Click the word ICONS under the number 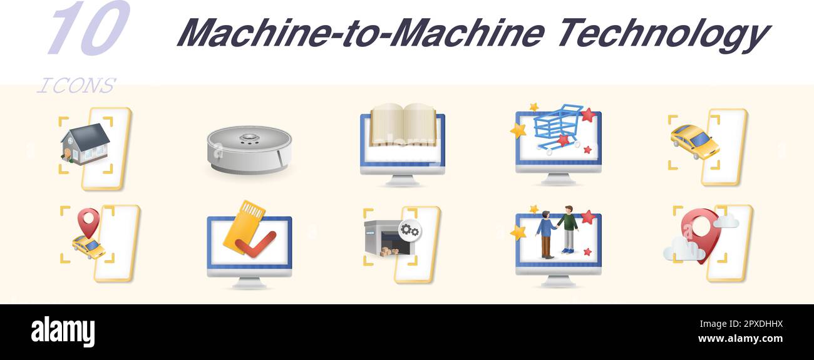click(x=76, y=86)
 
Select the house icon click(x=85, y=143)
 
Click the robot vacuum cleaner click(x=249, y=149)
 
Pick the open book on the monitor click(x=403, y=125)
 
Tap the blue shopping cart click(x=557, y=126)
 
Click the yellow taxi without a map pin click(x=694, y=141)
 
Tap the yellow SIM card click(x=244, y=224)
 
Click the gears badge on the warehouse click(x=410, y=230)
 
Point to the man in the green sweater click(x=568, y=228)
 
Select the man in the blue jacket click(x=545, y=233)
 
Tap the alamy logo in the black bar click(x=63, y=332)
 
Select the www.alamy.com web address click(x=740, y=339)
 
